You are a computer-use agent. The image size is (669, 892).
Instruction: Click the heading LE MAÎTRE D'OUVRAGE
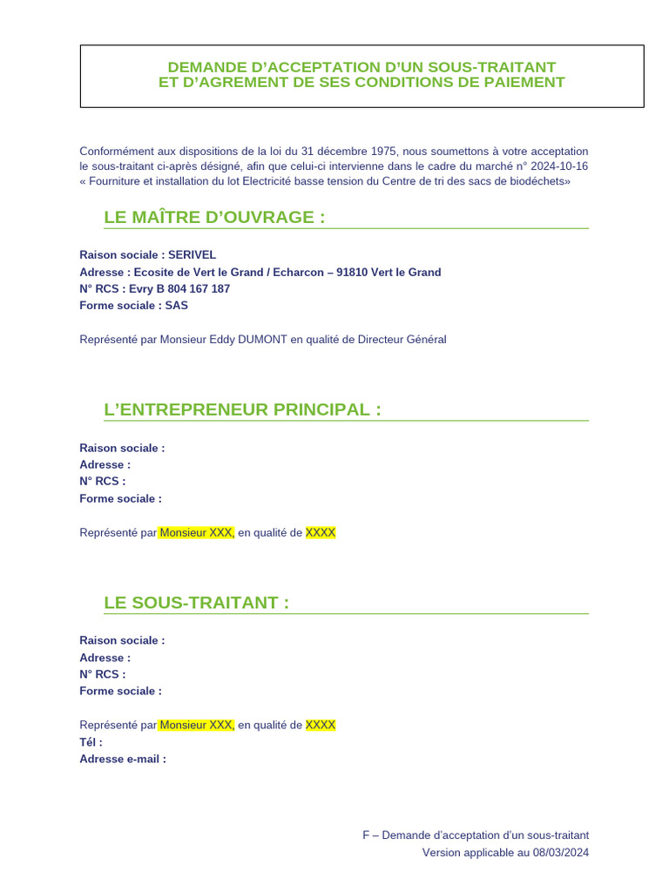[x=214, y=217]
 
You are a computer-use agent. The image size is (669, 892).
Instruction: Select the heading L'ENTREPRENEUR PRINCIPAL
[x=242, y=409]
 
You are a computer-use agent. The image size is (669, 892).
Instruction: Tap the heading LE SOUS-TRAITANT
[x=196, y=603]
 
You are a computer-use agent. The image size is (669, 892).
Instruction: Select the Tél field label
[x=91, y=742]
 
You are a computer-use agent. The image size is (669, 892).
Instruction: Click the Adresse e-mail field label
[x=122, y=759]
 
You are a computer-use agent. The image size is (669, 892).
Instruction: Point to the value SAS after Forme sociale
[x=177, y=306]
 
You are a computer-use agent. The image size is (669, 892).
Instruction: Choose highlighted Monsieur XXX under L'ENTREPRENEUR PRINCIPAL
[x=197, y=532]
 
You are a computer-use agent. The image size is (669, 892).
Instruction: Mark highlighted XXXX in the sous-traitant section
[x=320, y=725]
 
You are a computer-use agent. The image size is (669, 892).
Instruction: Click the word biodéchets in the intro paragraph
[x=541, y=181]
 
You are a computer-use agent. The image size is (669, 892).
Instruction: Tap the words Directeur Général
[x=402, y=340]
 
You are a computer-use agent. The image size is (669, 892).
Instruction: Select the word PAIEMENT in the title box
[x=522, y=83]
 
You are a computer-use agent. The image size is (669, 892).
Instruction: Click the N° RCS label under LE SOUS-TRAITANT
[x=102, y=674]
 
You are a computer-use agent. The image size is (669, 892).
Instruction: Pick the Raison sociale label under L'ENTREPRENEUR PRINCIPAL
[x=121, y=448]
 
